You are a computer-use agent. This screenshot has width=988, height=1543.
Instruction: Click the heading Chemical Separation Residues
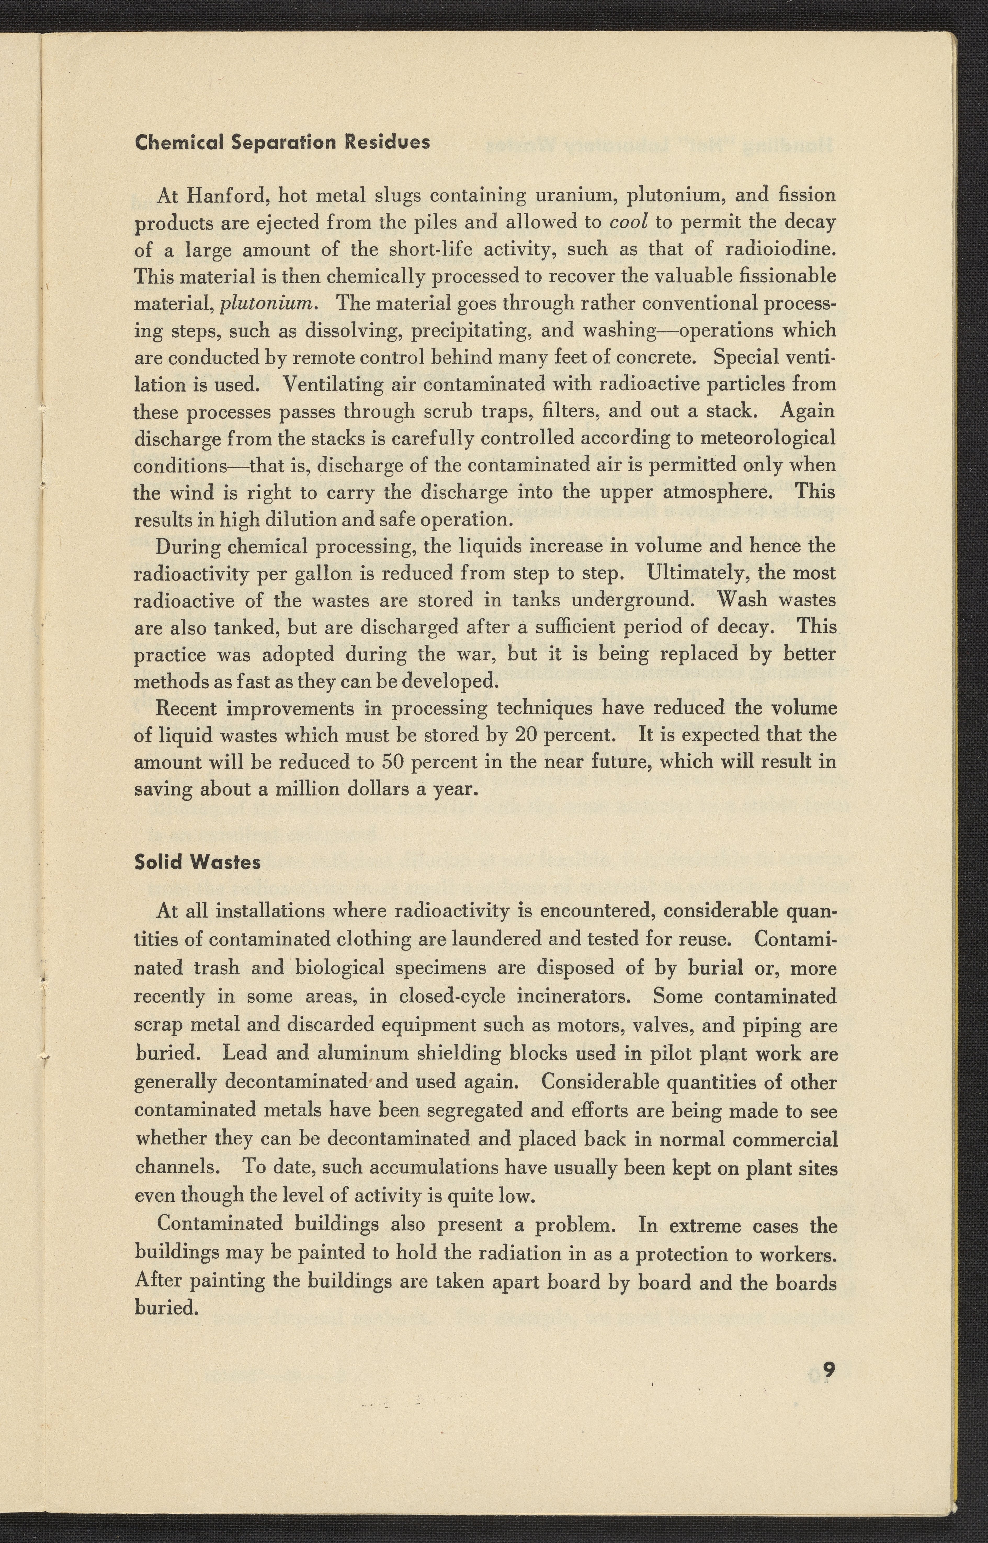pos(282,142)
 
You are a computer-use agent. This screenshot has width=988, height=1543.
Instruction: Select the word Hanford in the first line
pos(221,194)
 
